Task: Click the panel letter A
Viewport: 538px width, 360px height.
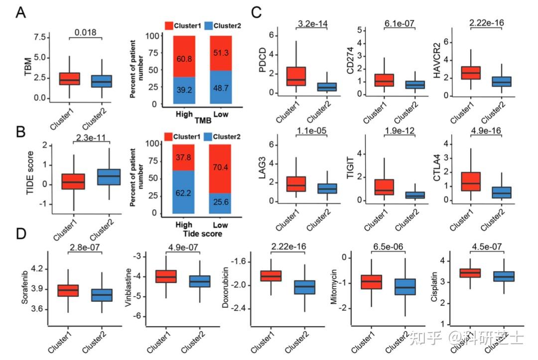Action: pos(20,12)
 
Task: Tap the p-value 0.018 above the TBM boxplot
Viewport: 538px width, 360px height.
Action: pos(85,32)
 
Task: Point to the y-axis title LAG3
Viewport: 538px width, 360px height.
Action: pos(263,169)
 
